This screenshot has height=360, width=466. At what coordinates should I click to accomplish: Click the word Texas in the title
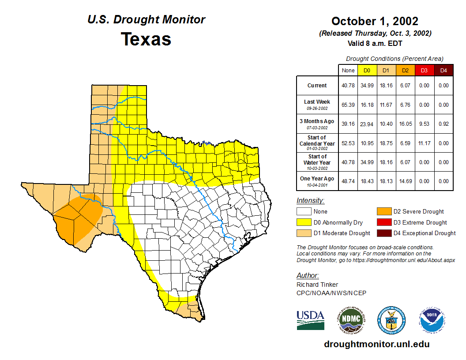pyautogui.click(x=146, y=39)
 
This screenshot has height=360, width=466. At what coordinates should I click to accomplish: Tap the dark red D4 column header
pyautogui.click(x=443, y=71)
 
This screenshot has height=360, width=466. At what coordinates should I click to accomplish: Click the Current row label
pyautogui.click(x=317, y=86)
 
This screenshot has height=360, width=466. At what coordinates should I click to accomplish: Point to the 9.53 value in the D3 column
pyautogui.click(x=424, y=124)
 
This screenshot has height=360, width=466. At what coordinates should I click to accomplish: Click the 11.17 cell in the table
pyautogui.click(x=424, y=143)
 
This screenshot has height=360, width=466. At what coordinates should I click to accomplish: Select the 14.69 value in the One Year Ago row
pyautogui.click(x=405, y=181)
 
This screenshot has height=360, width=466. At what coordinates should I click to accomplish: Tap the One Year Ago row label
pyautogui.click(x=317, y=179)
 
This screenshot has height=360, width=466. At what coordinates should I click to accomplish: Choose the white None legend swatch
pyautogui.click(x=304, y=212)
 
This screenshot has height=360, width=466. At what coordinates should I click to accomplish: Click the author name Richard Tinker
pyautogui.click(x=317, y=285)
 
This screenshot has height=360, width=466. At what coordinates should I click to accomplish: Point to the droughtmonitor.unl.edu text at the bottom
pyautogui.click(x=376, y=344)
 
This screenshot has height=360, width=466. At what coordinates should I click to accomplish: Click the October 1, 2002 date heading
pyautogui.click(x=375, y=21)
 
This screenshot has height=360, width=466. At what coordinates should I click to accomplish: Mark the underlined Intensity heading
pyautogui.click(x=310, y=201)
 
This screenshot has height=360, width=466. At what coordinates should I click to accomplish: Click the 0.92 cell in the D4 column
pyautogui.click(x=443, y=124)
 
